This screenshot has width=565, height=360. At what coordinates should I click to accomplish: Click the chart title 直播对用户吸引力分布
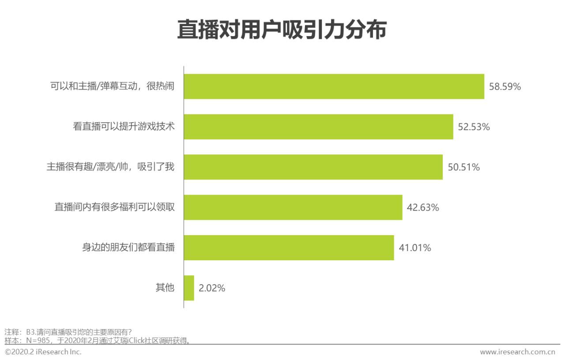pos(282,30)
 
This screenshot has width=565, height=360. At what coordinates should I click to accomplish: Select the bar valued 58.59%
pos(334,86)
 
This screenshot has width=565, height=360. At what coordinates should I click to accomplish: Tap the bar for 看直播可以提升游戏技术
pos(318,127)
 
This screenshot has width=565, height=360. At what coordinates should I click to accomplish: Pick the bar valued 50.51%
pos(313,167)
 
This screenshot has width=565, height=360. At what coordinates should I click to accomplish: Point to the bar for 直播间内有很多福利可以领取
pos(293,207)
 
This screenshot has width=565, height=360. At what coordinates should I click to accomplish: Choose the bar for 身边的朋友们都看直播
pos(289,247)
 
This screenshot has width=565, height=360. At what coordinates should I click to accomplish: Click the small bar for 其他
pos(189,288)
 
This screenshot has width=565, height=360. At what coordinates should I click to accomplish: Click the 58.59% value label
pos(505,86)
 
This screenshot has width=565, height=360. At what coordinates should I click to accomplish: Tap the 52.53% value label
pos(474,127)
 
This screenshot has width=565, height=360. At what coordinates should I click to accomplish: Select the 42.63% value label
pos(423,207)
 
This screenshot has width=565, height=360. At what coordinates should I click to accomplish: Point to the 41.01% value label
pos(415,248)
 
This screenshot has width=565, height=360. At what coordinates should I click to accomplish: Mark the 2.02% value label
pos(212,289)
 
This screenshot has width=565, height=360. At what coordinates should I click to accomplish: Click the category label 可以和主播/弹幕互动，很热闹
pos(113,86)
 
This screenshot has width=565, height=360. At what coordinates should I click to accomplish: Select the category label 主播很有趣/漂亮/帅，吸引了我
pos(111,167)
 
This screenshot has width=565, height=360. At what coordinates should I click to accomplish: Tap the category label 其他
pos(165,288)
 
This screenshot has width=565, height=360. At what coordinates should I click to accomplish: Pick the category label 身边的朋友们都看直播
pos(128,247)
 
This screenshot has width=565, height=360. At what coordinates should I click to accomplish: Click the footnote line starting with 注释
pos(68,332)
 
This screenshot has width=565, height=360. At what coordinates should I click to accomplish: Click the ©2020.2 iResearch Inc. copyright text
pos(43,352)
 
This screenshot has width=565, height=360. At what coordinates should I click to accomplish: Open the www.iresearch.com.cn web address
pos(517,352)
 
